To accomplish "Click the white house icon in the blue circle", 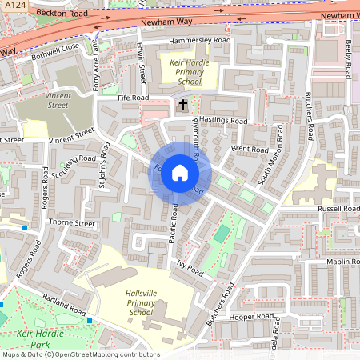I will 179,173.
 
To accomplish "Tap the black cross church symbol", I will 182,104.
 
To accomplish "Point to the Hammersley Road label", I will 198,40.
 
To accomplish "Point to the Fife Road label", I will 133,98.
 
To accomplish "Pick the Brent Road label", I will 250,149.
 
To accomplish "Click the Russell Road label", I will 339,209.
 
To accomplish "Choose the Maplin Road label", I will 342,262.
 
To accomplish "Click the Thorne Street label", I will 72,223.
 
